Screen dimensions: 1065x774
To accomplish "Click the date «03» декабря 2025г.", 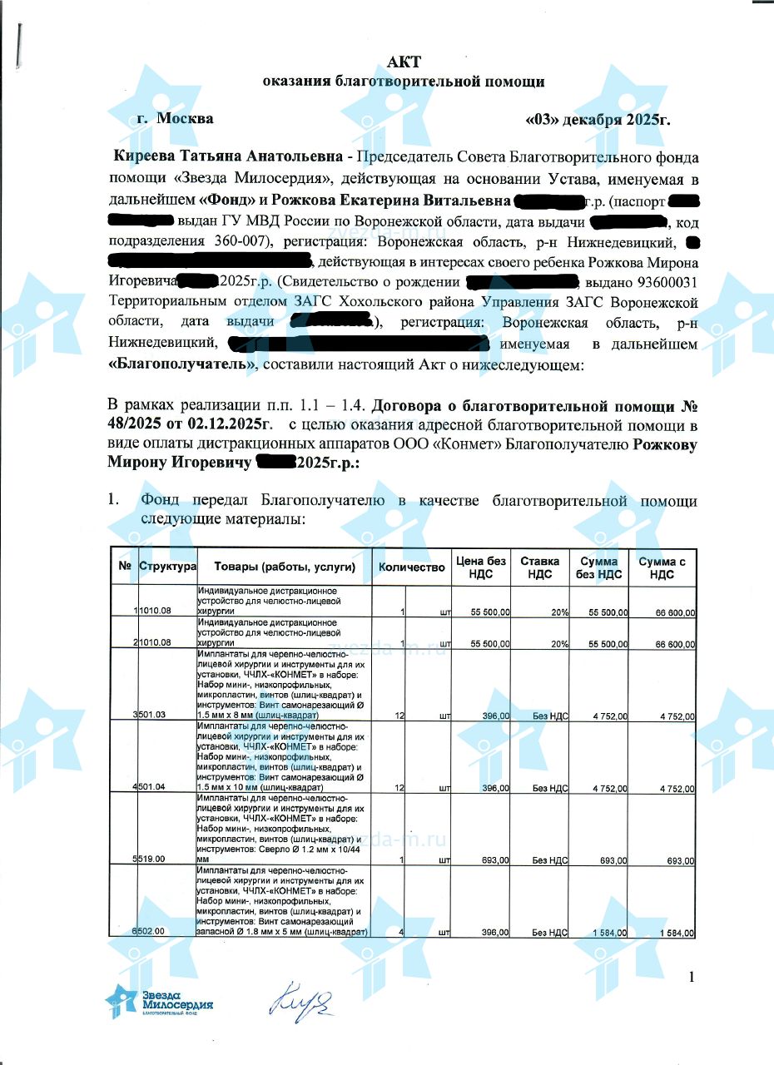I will (598, 118).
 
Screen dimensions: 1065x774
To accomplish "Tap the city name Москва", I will (185, 118).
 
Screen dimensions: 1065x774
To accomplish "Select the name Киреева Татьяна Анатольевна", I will (227, 156).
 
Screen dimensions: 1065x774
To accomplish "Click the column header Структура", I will (167, 567).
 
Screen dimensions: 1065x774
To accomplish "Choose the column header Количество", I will (412, 567).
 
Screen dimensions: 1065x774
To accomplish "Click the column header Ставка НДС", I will (539, 567).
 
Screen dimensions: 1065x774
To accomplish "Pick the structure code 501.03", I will (152, 716).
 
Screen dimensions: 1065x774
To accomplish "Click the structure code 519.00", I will (152, 859).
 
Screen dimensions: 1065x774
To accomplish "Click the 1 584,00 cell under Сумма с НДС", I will (677, 933).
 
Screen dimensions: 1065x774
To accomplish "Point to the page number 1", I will (692, 976).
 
